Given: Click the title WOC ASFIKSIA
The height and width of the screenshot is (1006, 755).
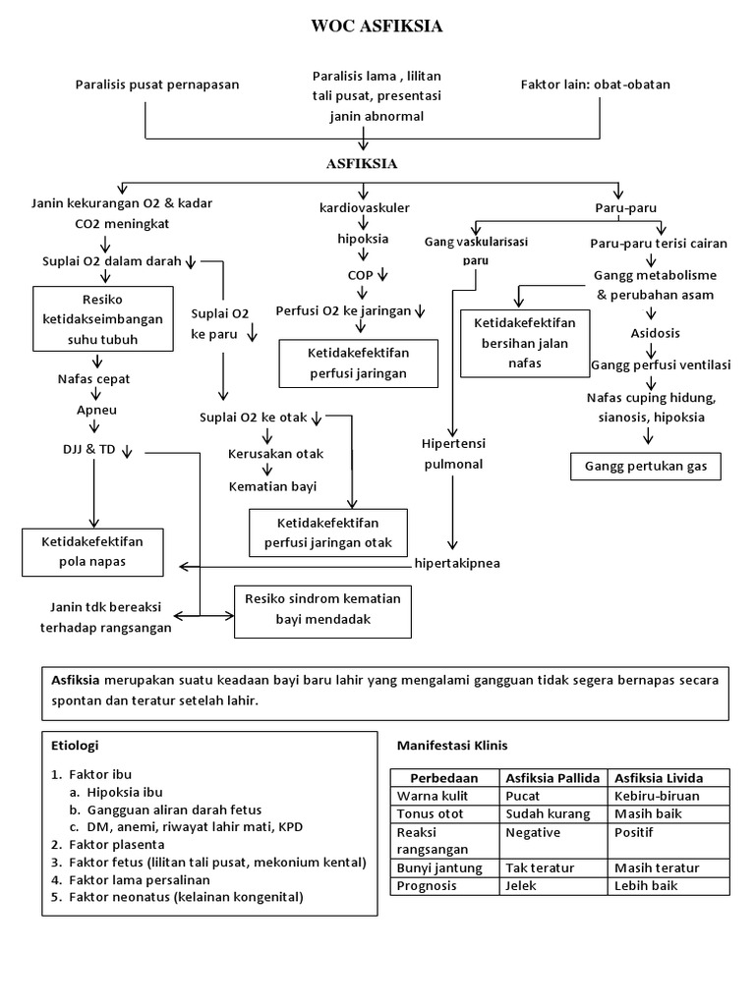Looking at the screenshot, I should (377, 27).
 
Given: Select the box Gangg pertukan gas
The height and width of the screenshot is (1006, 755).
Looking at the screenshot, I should (646, 466).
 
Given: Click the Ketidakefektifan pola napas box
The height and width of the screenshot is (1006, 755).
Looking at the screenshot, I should (92, 551).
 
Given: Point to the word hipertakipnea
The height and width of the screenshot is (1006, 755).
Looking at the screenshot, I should (457, 565).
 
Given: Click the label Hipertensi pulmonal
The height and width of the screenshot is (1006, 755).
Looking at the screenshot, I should (452, 453).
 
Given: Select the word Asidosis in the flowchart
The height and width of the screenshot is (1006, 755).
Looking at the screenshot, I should (646, 333).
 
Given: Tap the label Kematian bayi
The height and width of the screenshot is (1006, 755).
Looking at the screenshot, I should (272, 485).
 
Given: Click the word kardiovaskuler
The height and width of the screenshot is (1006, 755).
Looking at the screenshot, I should (365, 208).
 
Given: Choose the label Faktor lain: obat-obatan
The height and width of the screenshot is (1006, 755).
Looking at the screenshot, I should (595, 84).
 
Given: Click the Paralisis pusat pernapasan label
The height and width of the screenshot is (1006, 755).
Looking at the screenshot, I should (157, 84).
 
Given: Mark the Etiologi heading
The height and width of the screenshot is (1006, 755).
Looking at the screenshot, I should (75, 745).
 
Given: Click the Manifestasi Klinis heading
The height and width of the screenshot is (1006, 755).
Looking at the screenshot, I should (450, 745).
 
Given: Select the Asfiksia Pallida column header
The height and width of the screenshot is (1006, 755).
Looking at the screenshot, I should (552, 777).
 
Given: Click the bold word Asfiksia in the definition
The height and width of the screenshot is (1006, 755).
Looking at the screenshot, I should (76, 681).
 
